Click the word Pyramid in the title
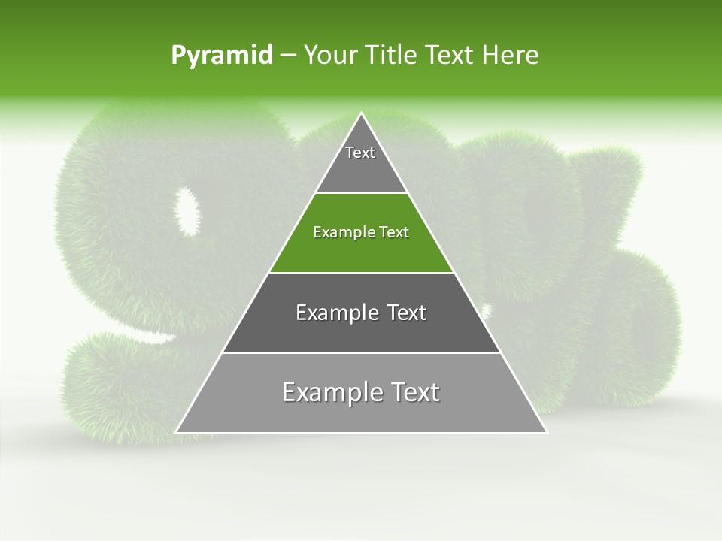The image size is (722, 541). click(x=221, y=56)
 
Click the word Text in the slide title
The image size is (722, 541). click(x=450, y=55)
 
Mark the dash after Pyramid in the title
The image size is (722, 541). click(x=287, y=56)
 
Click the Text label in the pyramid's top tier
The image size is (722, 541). click(x=360, y=153)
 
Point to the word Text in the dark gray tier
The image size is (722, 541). click(x=407, y=313)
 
